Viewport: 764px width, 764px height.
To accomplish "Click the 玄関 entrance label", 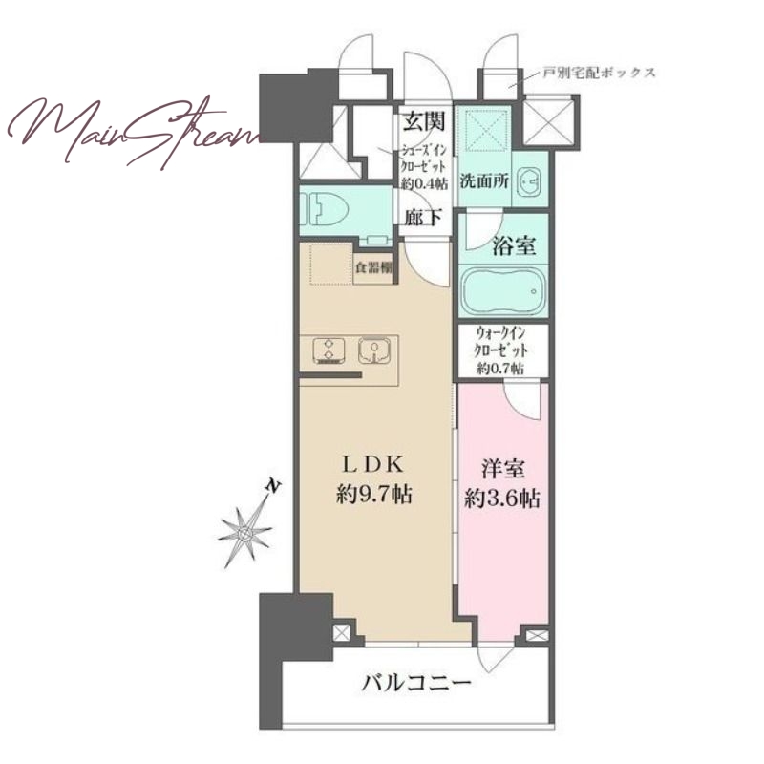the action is pyautogui.click(x=424, y=121).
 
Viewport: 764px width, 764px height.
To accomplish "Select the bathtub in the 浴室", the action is pyautogui.click(x=503, y=291).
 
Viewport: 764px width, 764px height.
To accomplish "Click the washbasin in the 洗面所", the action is pyautogui.click(x=529, y=181).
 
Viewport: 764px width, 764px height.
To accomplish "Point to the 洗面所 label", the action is pyautogui.click(x=484, y=181).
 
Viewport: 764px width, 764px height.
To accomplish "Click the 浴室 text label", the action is pyautogui.click(x=514, y=246).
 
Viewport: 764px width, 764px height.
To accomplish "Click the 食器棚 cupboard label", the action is pyautogui.click(x=373, y=267).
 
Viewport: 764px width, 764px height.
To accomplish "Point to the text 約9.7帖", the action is pyautogui.click(x=373, y=495).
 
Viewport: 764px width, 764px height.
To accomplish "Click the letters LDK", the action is pyautogui.click(x=373, y=465).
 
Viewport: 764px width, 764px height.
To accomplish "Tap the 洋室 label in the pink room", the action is pyautogui.click(x=503, y=469).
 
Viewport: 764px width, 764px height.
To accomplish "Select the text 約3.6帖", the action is pyautogui.click(x=502, y=499).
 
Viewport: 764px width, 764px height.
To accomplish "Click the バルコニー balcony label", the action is pyautogui.click(x=416, y=682).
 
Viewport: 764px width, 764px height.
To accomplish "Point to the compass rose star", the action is pyautogui.click(x=245, y=535).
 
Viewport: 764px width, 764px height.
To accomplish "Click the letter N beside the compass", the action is pyautogui.click(x=274, y=487).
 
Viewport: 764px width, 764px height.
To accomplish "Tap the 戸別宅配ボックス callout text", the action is pyautogui.click(x=599, y=74).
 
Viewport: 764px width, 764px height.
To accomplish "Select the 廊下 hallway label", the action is pyautogui.click(x=423, y=217).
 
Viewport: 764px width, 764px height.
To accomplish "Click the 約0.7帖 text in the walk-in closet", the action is pyautogui.click(x=501, y=368).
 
